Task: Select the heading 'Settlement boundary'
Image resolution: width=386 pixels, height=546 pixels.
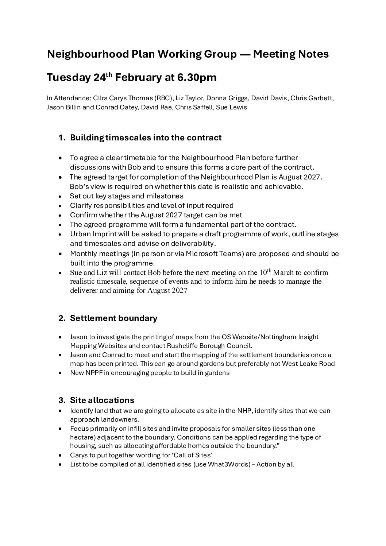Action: [113, 318]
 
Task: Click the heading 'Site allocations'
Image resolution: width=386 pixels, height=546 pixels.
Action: [102, 400]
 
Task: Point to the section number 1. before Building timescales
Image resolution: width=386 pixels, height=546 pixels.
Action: [62, 138]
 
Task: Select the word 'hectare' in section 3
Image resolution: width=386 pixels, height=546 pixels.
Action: [81, 437]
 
